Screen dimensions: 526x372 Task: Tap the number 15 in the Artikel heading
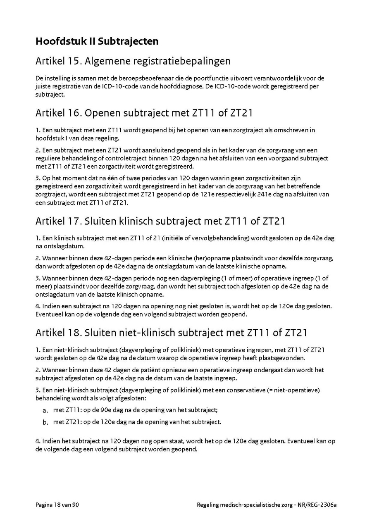tap(74, 61)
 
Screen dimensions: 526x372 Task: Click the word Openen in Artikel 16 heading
tap(102, 113)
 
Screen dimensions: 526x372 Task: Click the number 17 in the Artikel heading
tap(74, 221)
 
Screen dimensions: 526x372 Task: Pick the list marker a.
tap(45, 410)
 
